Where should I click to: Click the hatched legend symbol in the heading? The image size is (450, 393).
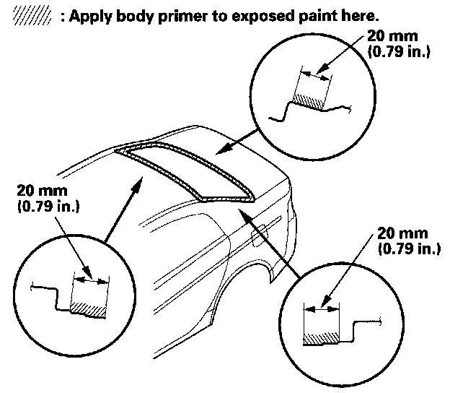point(25,14)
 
